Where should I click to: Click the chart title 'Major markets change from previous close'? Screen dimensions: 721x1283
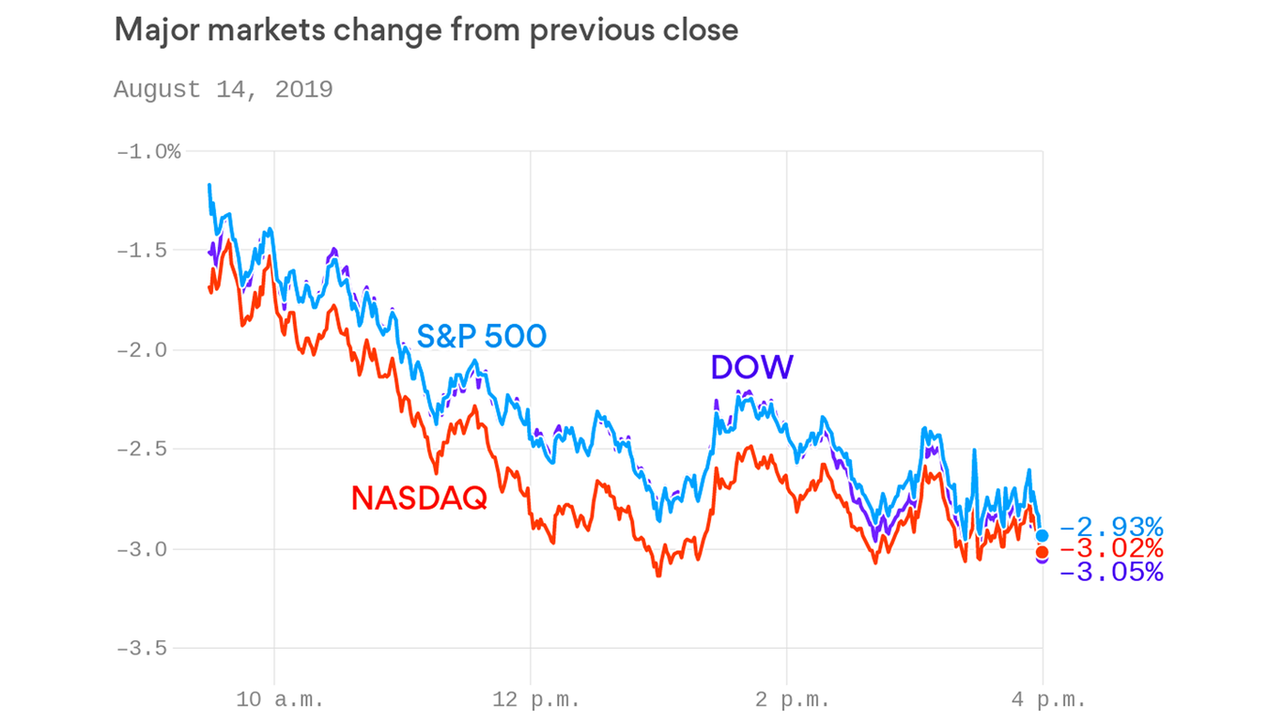point(425,30)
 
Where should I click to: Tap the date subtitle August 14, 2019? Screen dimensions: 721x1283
point(223,89)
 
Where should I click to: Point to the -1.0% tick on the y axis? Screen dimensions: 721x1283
point(147,151)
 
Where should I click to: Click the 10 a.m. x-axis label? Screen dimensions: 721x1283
point(280,699)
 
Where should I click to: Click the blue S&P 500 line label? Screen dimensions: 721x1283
point(481,336)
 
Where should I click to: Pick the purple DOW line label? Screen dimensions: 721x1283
point(751,367)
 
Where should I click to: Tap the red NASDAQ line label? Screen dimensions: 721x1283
point(419,499)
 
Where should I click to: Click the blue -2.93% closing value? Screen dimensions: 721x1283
point(1111,527)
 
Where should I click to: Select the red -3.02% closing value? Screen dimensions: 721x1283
point(1111,549)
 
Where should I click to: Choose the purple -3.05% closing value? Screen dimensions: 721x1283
point(1111,572)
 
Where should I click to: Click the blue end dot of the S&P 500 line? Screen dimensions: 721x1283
point(1042,535)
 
